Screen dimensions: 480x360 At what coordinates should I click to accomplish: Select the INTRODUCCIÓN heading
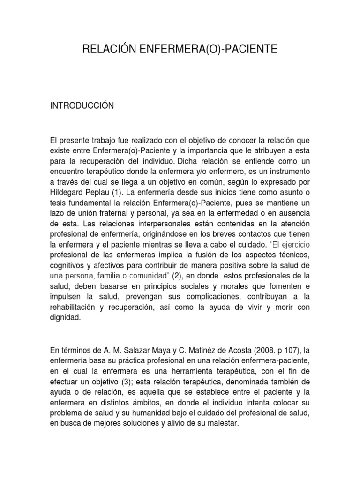point(82,106)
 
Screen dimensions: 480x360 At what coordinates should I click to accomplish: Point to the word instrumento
point(286,172)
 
